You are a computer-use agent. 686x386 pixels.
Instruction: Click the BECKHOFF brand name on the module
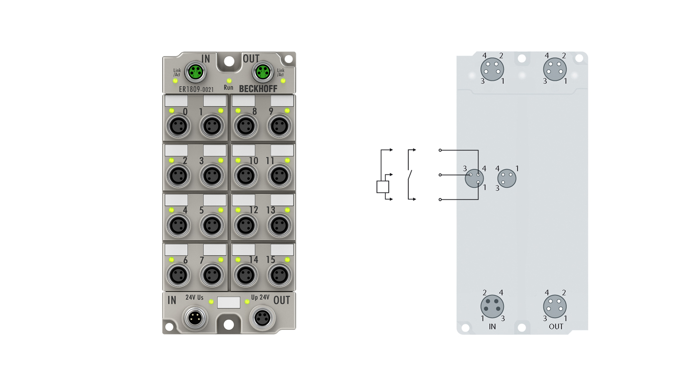[x=258, y=89]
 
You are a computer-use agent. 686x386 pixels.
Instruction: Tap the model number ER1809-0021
[x=196, y=89]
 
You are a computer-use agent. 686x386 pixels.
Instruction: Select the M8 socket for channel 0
[x=178, y=126]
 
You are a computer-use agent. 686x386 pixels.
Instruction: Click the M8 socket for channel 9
[x=279, y=126]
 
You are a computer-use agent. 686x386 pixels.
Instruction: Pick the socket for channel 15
[x=279, y=275]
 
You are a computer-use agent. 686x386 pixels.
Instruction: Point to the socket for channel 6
[x=178, y=275]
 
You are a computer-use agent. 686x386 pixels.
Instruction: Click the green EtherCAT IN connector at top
[x=195, y=72]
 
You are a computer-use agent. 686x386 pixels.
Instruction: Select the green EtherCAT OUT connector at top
[x=263, y=72]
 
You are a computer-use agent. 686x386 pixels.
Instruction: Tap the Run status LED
[x=229, y=81]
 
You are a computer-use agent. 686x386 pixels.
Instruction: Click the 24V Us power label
[x=194, y=297]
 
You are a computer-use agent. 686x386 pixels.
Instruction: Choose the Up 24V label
[x=260, y=297]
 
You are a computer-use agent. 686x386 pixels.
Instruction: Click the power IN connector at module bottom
[x=194, y=319]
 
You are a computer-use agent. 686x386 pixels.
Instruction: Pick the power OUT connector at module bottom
[x=262, y=318]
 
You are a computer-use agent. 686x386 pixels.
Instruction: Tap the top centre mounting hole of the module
[x=229, y=61]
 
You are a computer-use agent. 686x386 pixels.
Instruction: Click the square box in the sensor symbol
[x=383, y=187]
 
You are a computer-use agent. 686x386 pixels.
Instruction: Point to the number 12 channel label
[x=253, y=210]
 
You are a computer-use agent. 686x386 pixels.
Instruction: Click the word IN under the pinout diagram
[x=492, y=327]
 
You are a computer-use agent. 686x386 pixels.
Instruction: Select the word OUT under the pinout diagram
[x=556, y=327]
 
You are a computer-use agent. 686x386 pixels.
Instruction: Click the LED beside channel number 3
[x=221, y=160]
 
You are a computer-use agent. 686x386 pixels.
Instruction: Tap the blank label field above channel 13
[x=282, y=200]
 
